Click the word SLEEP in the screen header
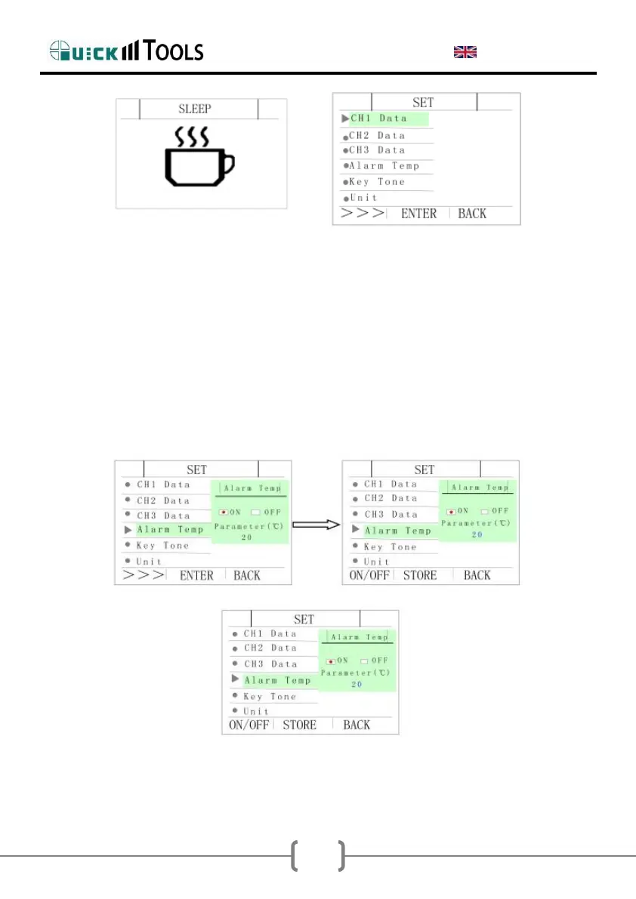pyautogui.click(x=194, y=109)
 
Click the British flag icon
pyautogui.click(x=465, y=51)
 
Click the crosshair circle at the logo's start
pyautogui.click(x=60, y=51)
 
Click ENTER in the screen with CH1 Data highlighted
pyautogui.click(x=418, y=214)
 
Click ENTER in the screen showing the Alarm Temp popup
pyautogui.click(x=196, y=575)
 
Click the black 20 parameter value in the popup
pyautogui.click(x=246, y=537)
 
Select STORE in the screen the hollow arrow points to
pyautogui.click(x=420, y=575)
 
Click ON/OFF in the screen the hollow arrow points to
pyautogui.click(x=368, y=575)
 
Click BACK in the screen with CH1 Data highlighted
pyautogui.click(x=472, y=214)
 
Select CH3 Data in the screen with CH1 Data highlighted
pyautogui.click(x=377, y=150)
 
